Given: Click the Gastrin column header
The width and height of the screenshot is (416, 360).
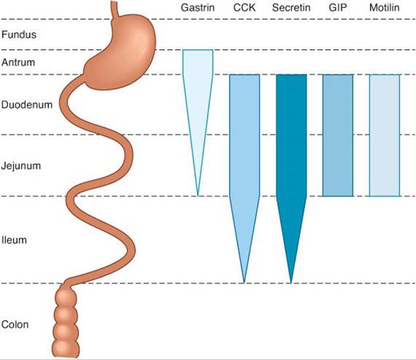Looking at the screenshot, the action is point(197,8).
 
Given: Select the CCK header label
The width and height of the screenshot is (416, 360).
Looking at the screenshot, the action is point(244,8).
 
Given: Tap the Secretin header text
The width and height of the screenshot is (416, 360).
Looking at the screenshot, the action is point(291,8).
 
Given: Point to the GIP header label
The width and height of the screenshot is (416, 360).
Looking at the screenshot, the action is point(338,8).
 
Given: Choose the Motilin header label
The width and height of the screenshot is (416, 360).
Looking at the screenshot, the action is point(384,8).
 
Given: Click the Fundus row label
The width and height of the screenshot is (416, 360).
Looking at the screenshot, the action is point(19,34).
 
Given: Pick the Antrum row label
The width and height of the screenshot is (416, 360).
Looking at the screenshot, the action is point(18,63).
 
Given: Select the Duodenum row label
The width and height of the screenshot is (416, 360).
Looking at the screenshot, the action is point(27,105).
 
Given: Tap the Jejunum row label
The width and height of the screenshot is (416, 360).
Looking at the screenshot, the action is point(21,166).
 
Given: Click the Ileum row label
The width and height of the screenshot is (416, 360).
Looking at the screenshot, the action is point(15,240).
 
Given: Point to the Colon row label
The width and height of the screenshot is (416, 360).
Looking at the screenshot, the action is point(15,324).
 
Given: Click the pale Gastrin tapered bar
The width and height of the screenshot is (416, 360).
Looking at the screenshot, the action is point(197,101).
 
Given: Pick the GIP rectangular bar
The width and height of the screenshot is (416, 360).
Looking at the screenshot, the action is point(338,136).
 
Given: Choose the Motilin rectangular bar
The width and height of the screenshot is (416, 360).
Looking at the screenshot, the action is point(384,136).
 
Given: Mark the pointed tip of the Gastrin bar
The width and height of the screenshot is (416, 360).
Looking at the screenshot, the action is point(198,196).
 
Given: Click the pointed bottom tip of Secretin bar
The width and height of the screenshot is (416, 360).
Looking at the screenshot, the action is point(291,283).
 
